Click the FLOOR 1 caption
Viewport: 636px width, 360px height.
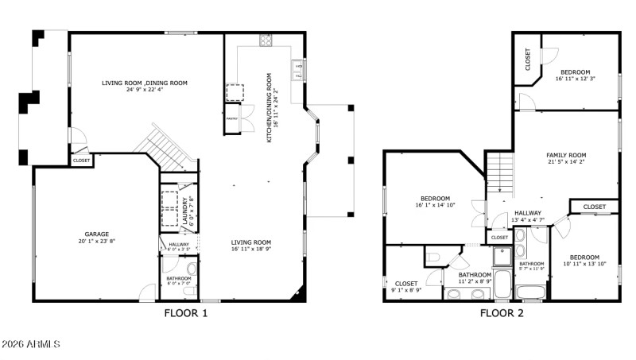click(186, 313)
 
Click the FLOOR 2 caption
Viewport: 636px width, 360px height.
click(502, 313)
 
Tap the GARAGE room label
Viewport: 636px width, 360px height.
click(97, 234)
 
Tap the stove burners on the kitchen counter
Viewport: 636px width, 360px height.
click(266, 40)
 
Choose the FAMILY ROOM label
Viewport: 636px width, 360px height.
click(566, 155)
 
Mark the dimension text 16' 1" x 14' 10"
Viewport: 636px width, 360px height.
click(435, 205)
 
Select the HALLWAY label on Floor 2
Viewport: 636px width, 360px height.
click(527, 213)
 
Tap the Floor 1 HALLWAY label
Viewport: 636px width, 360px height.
click(179, 245)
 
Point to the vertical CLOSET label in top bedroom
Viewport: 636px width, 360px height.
click(527, 59)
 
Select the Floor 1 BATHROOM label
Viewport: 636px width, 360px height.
click(179, 278)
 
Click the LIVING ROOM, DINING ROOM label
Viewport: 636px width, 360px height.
click(144, 83)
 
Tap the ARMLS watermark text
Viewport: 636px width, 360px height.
click(30, 344)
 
